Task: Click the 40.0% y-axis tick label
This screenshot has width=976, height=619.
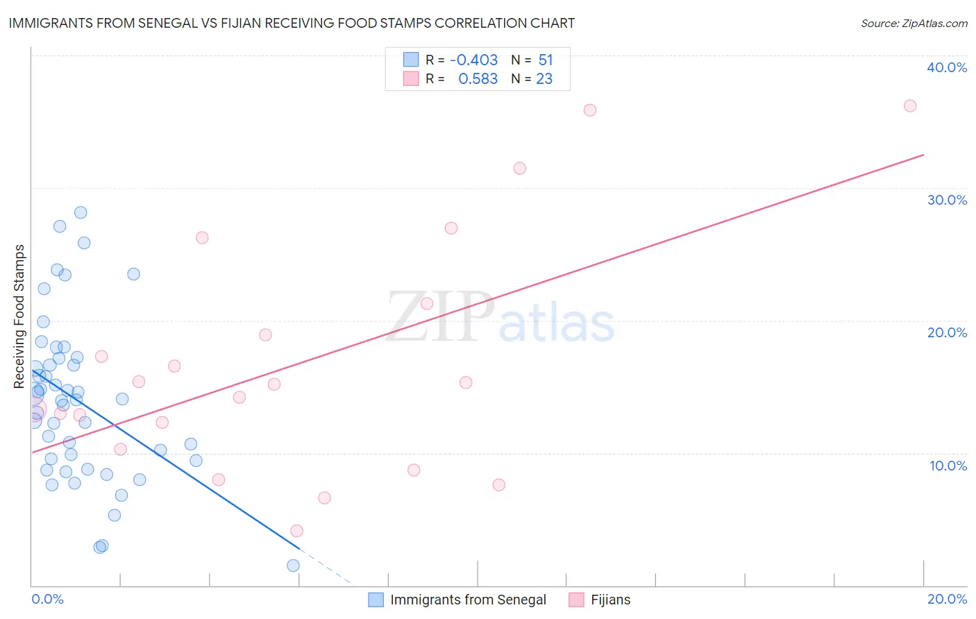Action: [947, 67]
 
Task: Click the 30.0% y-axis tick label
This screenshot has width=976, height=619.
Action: [947, 200]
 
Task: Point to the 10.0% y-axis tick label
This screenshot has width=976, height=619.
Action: [948, 466]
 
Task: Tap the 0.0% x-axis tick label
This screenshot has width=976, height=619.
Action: [47, 599]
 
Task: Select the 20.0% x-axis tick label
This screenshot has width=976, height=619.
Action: [947, 599]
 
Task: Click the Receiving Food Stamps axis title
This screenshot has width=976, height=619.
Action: [19, 316]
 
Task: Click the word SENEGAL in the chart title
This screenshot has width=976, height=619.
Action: [177, 23]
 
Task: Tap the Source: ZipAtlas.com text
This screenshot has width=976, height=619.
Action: [914, 24]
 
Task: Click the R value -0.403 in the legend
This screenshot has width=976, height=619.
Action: [473, 60]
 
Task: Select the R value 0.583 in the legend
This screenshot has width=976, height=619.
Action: [478, 79]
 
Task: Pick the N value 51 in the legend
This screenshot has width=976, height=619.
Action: [546, 60]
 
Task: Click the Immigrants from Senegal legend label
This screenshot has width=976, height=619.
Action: [468, 600]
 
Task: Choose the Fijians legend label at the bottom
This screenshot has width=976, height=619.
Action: [610, 600]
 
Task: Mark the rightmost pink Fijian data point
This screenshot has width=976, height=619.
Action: [910, 106]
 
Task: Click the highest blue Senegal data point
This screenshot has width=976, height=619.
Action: [81, 212]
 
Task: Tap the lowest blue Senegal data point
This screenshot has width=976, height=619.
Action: [293, 566]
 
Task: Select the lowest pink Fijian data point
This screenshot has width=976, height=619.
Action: [296, 531]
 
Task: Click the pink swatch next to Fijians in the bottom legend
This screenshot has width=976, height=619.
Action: [576, 600]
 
